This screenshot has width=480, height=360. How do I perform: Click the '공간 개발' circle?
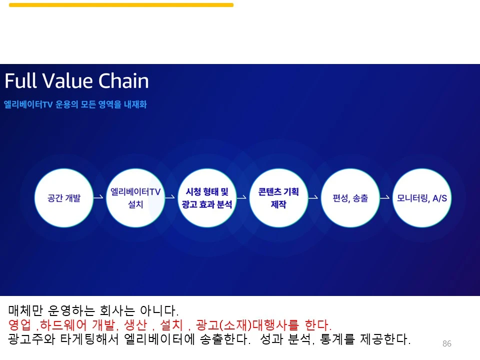(63, 198)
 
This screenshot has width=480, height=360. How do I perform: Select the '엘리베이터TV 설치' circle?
(135, 198)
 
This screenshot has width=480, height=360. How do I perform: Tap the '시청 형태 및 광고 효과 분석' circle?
(207, 198)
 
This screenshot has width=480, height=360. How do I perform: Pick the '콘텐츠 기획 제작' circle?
(278, 198)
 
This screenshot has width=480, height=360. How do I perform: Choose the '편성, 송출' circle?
(350, 198)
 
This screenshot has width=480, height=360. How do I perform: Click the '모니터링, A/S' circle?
(421, 198)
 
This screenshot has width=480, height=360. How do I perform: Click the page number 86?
(447, 343)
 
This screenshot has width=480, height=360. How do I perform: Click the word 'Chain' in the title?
(123, 81)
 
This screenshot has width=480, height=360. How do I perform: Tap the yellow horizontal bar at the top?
(121, 5)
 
